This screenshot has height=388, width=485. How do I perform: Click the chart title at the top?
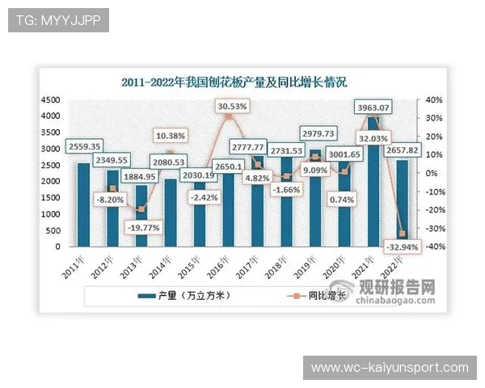(x=234, y=82)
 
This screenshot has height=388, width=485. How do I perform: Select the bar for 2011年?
(x=83, y=205)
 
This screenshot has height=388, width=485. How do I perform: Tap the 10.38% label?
(x=171, y=135)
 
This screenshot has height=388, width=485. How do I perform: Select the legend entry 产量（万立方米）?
(x=186, y=296)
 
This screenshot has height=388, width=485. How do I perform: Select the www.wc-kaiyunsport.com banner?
(x=390, y=368)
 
